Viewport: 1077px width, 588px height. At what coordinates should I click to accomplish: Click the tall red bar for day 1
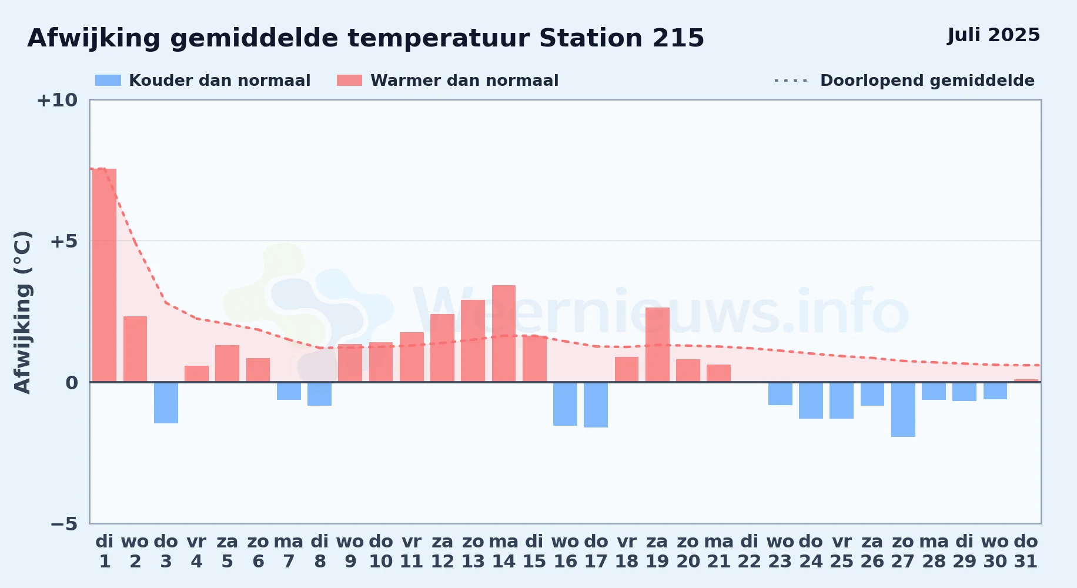105,275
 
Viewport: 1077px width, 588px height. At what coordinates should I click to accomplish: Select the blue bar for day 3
166,403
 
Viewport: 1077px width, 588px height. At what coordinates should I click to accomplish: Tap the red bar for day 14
504,333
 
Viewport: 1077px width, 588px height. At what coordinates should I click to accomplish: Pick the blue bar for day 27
903,409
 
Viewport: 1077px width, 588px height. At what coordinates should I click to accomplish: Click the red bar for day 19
657,345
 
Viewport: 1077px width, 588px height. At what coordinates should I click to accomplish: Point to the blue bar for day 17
596,405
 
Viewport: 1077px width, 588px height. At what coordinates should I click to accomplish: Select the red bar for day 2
135,349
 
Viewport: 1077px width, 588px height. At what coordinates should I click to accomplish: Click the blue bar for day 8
319,394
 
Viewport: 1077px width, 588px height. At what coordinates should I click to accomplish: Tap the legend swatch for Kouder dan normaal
108,81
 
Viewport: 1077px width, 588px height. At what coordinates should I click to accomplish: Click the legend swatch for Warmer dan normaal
350,81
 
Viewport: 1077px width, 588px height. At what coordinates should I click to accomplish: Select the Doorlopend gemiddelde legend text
927,81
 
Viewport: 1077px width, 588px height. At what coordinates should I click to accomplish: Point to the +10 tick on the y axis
57,100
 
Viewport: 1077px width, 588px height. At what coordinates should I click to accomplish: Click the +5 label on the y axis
63,241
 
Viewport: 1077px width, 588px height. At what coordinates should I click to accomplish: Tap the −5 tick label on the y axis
64,524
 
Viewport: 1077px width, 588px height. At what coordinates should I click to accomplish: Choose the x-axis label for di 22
750,552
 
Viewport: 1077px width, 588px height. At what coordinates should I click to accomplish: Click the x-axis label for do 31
1026,552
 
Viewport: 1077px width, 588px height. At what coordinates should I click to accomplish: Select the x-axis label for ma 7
289,552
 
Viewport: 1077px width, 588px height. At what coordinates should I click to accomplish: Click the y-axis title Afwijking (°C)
22,312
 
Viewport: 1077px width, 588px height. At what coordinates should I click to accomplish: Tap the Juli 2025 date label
994,35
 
